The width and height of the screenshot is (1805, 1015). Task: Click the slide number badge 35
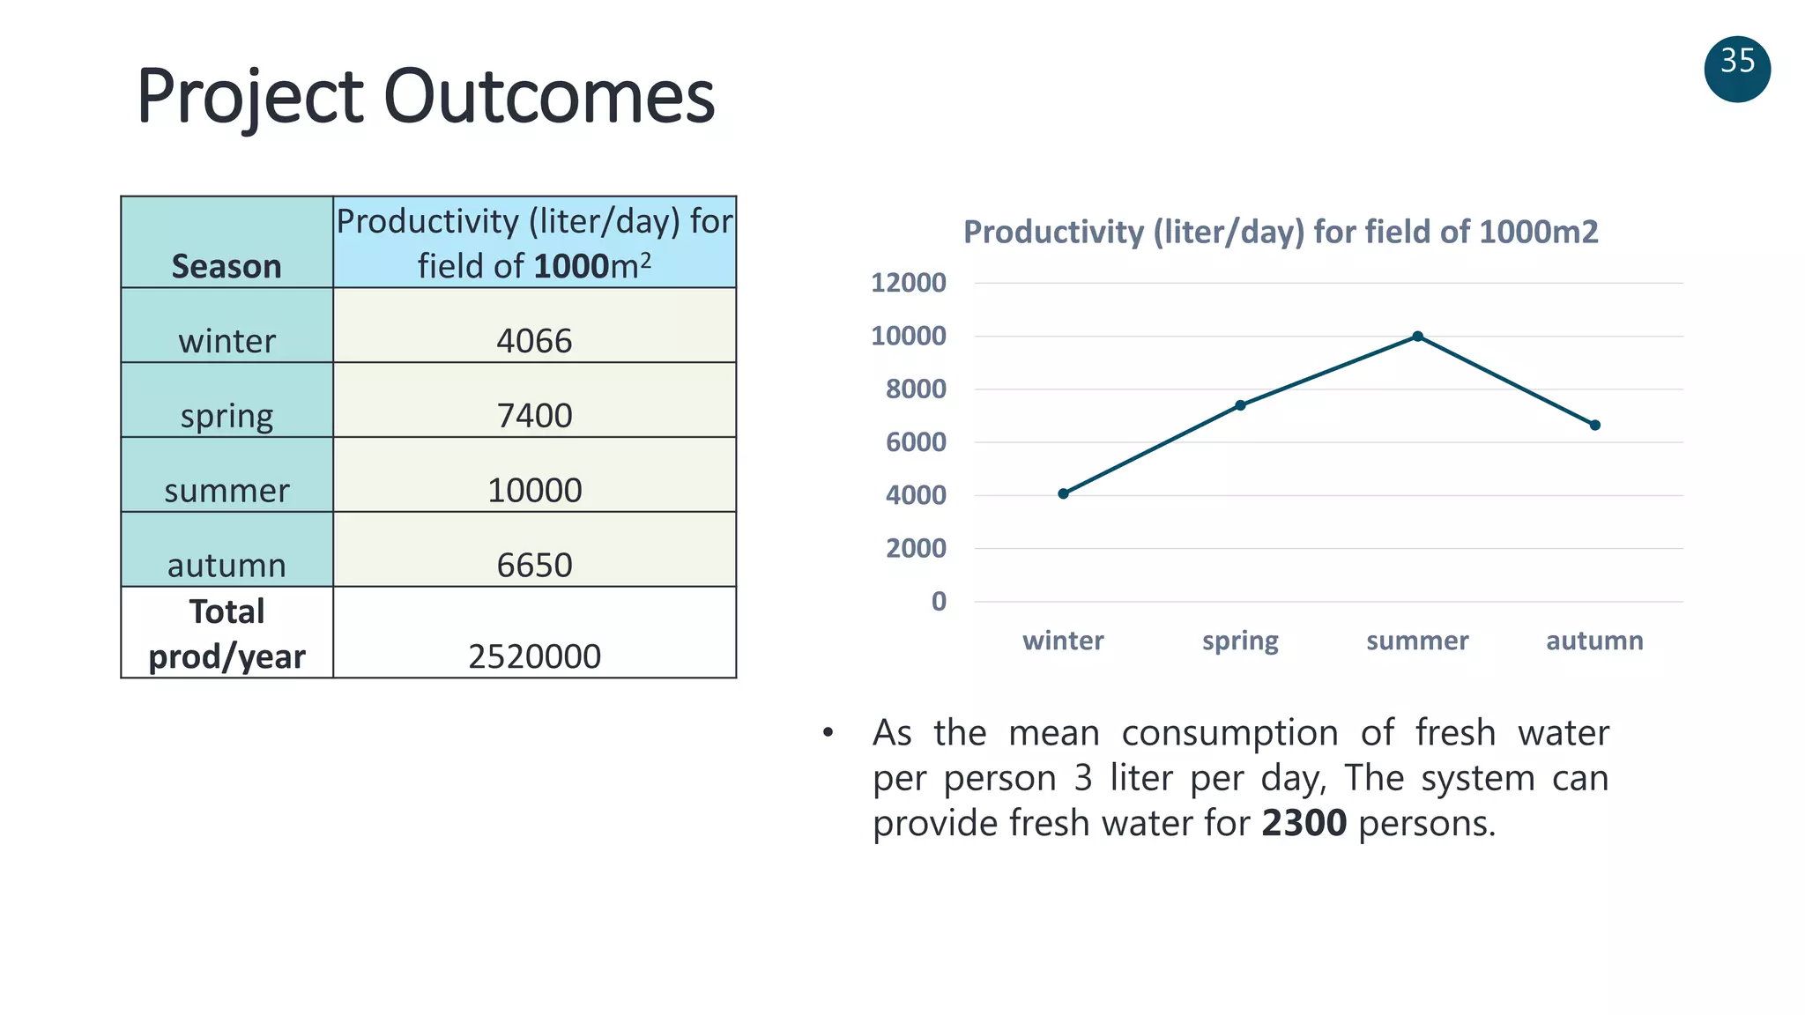pos(1737,69)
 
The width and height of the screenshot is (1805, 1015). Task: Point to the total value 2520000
pos(534,656)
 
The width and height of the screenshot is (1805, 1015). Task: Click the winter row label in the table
pos(227,340)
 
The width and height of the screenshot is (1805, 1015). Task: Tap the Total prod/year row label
pos(227,633)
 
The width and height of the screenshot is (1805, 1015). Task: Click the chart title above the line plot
pos(1280,232)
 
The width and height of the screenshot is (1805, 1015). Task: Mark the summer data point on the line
pos(1417,337)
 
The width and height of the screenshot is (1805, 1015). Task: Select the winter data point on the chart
pos(1063,493)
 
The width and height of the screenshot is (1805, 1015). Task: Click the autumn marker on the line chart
pos(1594,425)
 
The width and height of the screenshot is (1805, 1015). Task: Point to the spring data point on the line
pos(1240,405)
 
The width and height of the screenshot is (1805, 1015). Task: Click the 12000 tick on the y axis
pos(908,283)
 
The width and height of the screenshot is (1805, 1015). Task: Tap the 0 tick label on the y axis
pos(939,602)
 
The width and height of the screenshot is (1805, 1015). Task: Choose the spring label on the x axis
pos(1240,641)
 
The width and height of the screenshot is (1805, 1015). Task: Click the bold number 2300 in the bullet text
pos(1304,823)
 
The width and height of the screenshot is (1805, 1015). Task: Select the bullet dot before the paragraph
pos(828,732)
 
